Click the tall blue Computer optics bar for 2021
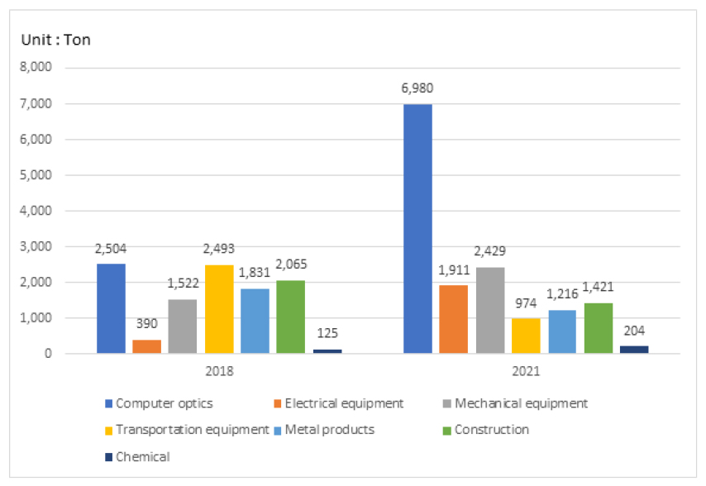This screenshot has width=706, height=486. pos(417,229)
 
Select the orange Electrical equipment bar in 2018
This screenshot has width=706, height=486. pos(146,346)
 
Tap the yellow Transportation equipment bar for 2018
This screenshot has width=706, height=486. pos(218,309)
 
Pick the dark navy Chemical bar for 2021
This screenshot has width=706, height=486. pos(634,350)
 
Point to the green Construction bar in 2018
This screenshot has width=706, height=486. pos(290,317)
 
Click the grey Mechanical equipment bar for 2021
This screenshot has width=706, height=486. pos(489,310)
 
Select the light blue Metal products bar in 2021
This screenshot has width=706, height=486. pos(561,331)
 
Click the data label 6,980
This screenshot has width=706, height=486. pos(417,88)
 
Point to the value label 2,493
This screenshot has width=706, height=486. pos(218,249)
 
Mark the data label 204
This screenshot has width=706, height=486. pos(635,331)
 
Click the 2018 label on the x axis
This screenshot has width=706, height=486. pos(218,371)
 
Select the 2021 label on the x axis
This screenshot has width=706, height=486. pos(525,371)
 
